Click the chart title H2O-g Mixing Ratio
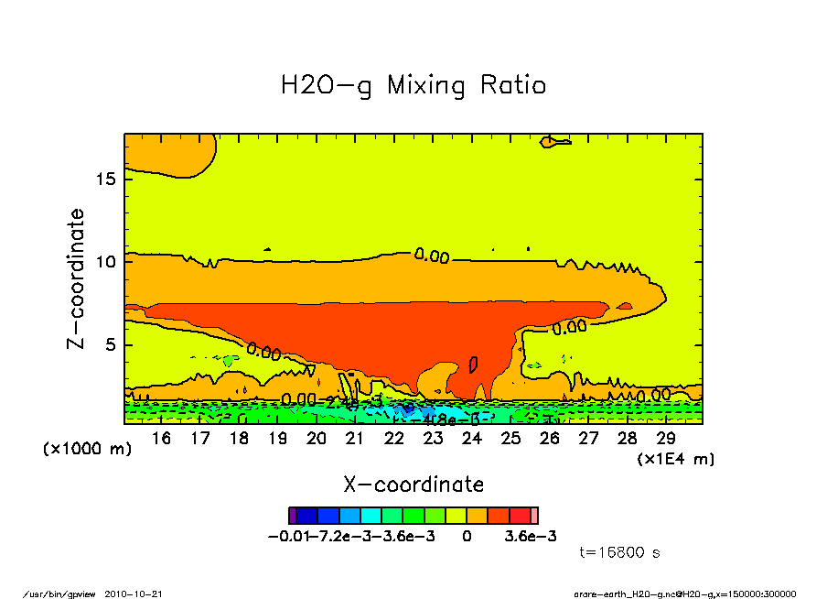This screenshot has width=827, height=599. tap(413, 86)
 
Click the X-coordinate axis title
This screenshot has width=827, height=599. tap(413, 484)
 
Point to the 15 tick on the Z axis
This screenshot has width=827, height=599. tap(106, 178)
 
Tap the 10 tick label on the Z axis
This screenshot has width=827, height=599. tap(106, 262)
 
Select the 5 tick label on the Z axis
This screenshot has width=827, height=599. tap(111, 345)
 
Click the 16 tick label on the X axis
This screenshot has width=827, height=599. tap(161, 439)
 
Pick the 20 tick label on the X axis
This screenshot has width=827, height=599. tap(317, 439)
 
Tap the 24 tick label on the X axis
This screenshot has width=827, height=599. tap(472, 439)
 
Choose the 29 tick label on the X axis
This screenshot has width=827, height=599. tap(666, 439)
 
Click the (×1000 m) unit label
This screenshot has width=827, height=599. tap(88, 450)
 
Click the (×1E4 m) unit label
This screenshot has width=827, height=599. tap(676, 458)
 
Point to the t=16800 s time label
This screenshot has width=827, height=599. tap(620, 552)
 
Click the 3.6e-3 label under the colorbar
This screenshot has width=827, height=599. tap(532, 536)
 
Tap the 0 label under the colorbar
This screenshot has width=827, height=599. tap(467, 536)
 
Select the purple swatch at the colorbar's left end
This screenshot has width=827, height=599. tap(292, 516)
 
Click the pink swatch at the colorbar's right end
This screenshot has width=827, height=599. tap(535, 516)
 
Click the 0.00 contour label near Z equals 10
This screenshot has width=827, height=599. tap(432, 256)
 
